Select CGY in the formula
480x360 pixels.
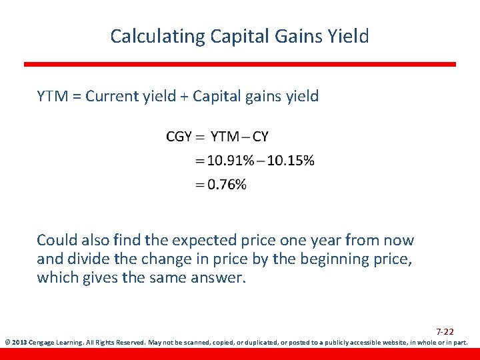click(179, 137)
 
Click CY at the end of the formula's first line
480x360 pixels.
click(260, 137)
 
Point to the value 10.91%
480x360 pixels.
click(231, 161)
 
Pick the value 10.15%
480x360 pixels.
click(291, 161)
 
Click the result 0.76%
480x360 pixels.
click(227, 185)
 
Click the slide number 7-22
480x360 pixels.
click(445, 331)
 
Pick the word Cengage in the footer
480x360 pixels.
click(41, 343)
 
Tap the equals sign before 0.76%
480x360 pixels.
click(199, 185)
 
